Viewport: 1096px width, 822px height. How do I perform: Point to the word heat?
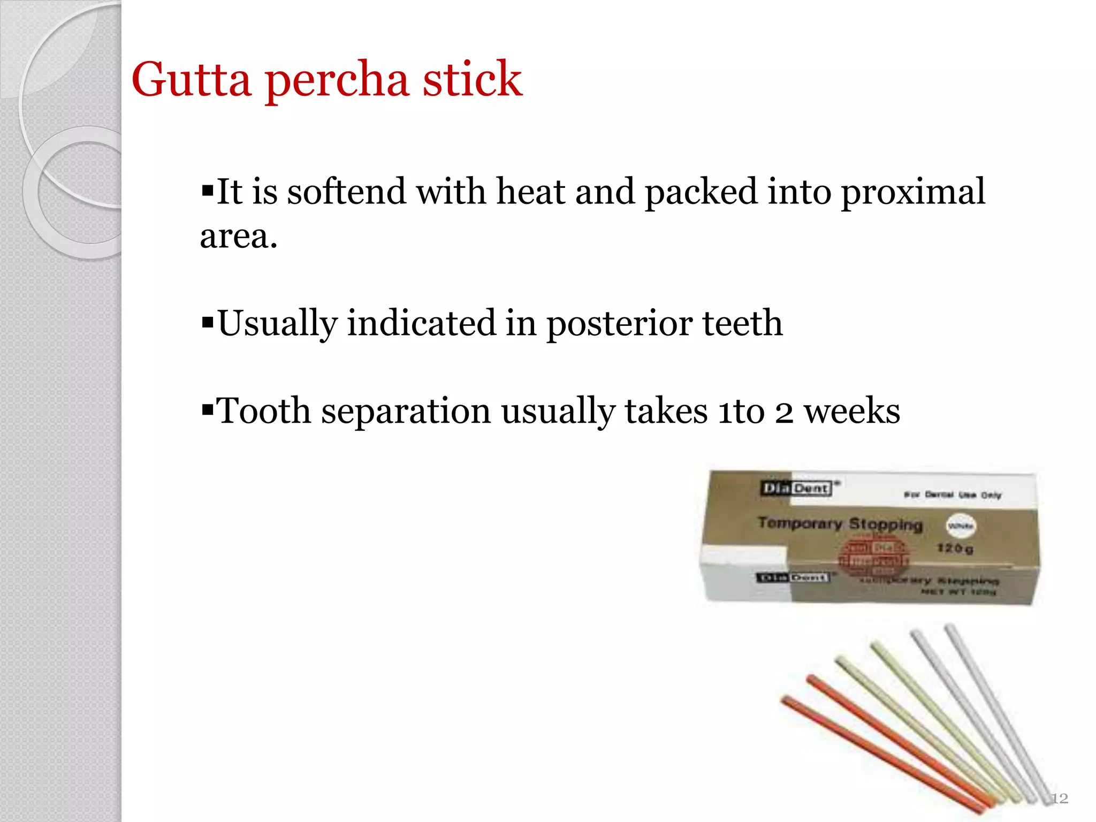coord(530,191)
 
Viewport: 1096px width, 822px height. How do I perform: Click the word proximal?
coord(913,191)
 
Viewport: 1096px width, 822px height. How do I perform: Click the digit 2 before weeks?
coord(784,412)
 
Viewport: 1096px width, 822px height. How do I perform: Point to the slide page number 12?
coord(1059,798)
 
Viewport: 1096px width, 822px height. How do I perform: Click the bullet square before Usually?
coord(207,322)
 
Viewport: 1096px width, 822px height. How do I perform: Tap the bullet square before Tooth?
coord(207,410)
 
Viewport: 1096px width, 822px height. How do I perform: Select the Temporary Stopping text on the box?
coord(840,523)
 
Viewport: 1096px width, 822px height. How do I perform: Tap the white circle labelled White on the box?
coord(961,526)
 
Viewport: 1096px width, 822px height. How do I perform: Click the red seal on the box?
coord(872,559)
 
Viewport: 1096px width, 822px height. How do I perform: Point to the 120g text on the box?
coord(955,548)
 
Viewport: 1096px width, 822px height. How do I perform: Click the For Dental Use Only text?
coord(953,495)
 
